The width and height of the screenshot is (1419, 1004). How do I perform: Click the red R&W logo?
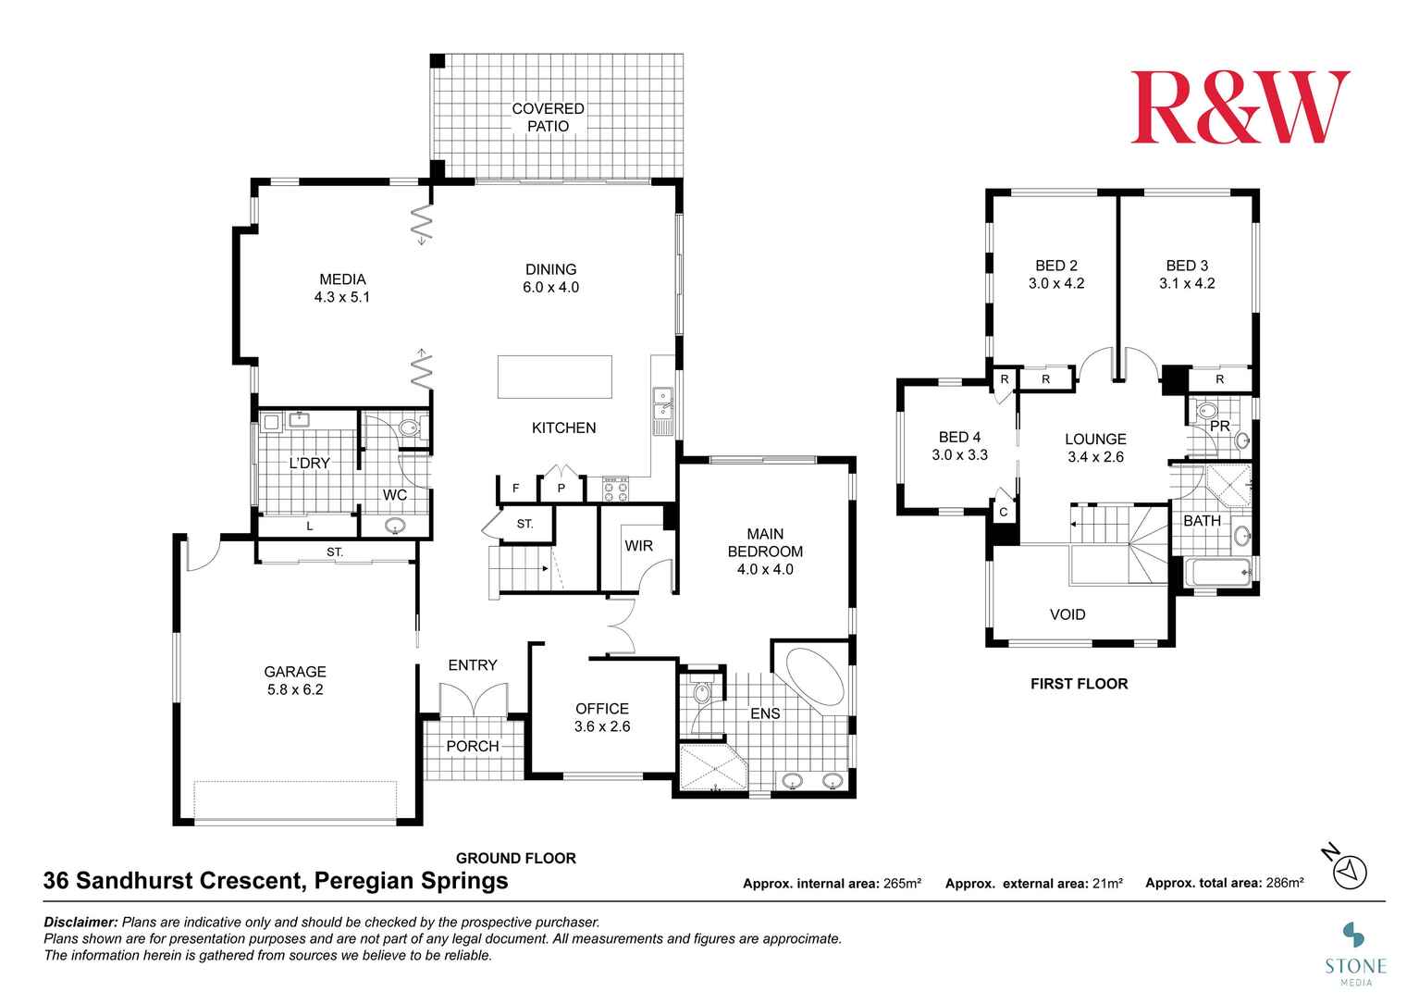tap(1239, 107)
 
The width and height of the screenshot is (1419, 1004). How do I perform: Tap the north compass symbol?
tap(1350, 871)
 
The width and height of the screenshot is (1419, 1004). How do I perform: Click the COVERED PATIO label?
tap(548, 118)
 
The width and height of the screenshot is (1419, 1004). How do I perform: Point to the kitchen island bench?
tap(554, 377)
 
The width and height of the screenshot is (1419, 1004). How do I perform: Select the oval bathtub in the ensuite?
tap(813, 678)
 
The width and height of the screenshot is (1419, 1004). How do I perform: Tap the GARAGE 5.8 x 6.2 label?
tap(295, 680)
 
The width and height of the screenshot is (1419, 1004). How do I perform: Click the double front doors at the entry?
tap(473, 700)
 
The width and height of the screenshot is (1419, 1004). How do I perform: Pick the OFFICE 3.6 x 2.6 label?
tap(602, 717)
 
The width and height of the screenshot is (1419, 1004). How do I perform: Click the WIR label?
tap(638, 546)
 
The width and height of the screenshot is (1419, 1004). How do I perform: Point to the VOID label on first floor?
tap(1067, 614)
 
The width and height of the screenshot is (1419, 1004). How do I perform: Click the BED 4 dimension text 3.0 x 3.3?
tap(959, 455)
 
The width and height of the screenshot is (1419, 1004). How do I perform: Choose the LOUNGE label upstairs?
tap(1095, 440)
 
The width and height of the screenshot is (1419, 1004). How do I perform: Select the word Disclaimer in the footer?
tap(80, 922)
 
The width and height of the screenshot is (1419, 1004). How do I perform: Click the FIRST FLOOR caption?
tap(1079, 684)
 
